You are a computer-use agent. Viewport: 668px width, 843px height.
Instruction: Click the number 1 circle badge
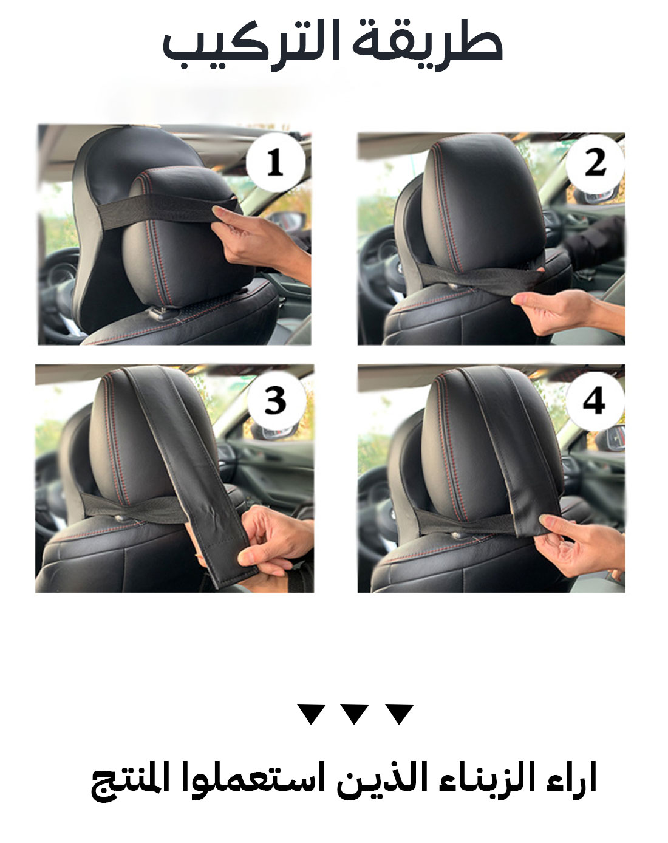pyautogui.click(x=276, y=162)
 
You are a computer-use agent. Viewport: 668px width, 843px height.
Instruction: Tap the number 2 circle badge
pyautogui.click(x=595, y=163)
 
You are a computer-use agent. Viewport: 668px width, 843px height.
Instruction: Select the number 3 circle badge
pyautogui.click(x=276, y=401)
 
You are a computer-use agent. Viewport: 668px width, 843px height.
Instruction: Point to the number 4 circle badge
pyautogui.click(x=595, y=401)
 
